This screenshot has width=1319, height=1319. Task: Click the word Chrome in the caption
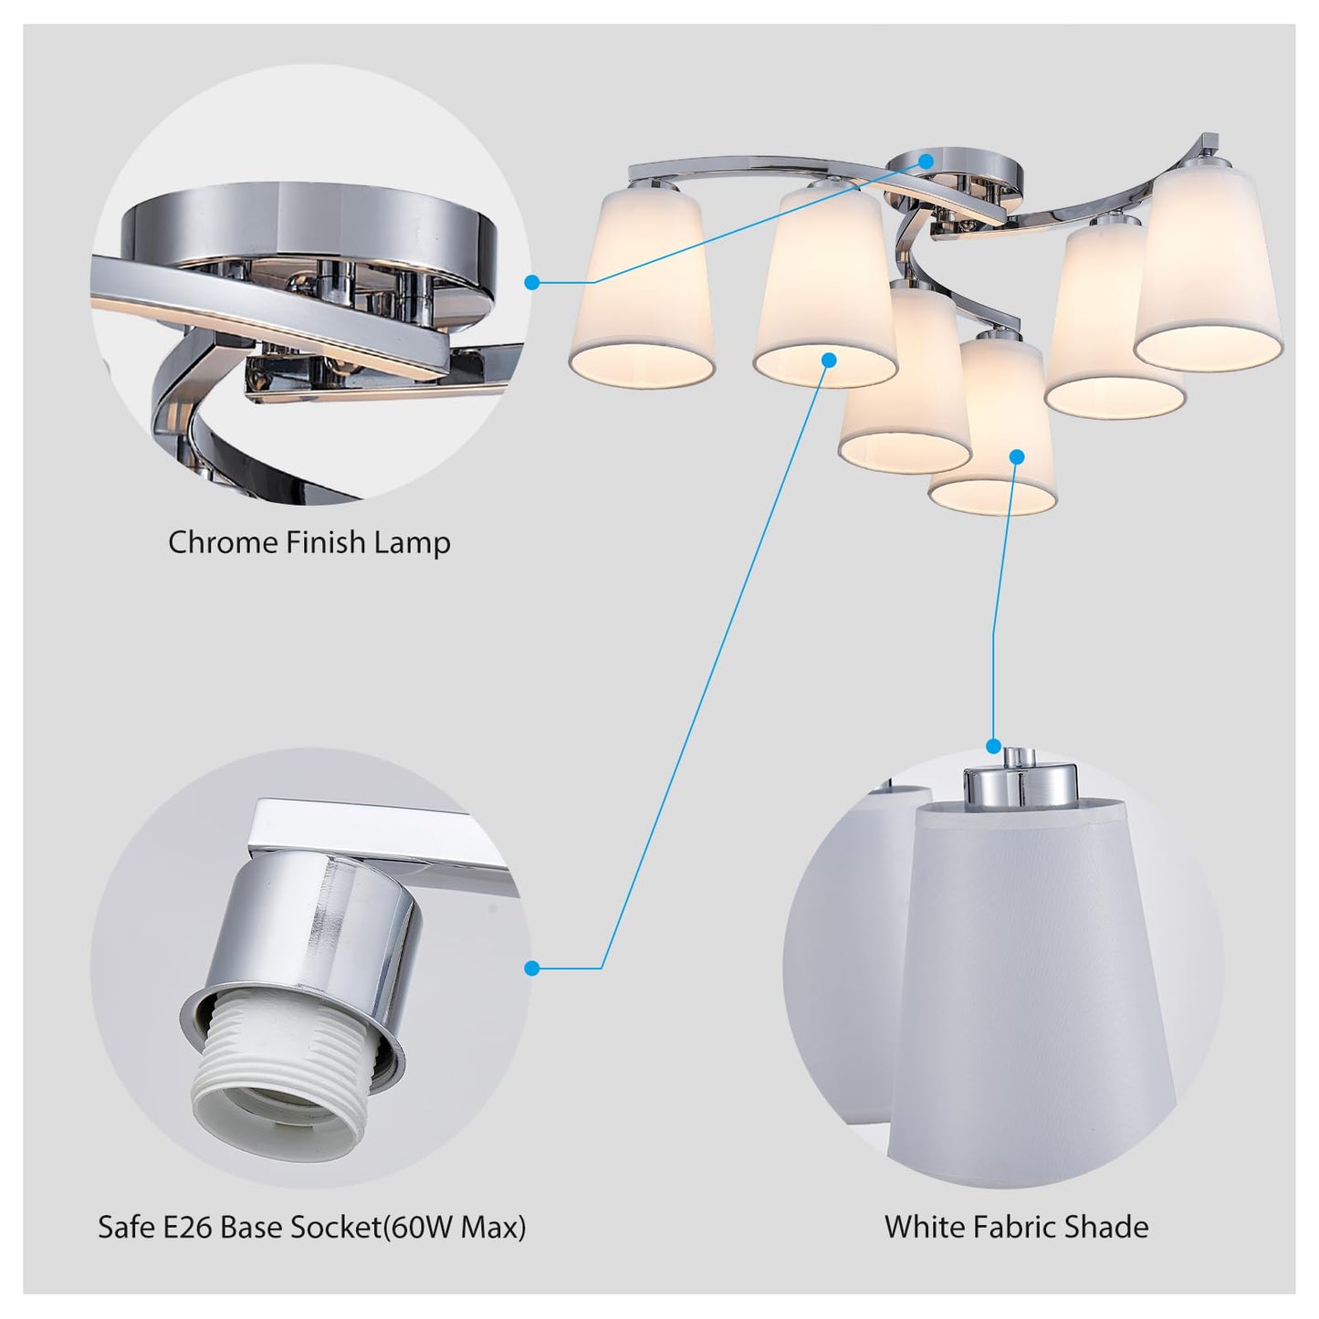point(223,543)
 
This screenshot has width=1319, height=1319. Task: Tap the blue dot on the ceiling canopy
point(926,162)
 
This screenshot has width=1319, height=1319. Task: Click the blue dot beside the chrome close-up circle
point(532,282)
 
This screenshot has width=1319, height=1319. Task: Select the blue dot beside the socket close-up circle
point(532,968)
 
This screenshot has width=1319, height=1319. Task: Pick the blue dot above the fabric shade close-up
point(993,746)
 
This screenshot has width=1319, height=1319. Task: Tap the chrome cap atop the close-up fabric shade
point(1020,780)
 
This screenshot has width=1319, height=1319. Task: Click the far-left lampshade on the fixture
point(642,284)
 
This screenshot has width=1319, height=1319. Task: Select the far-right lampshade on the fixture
point(1209,267)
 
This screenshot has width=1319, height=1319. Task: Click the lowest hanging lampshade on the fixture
point(992,428)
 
